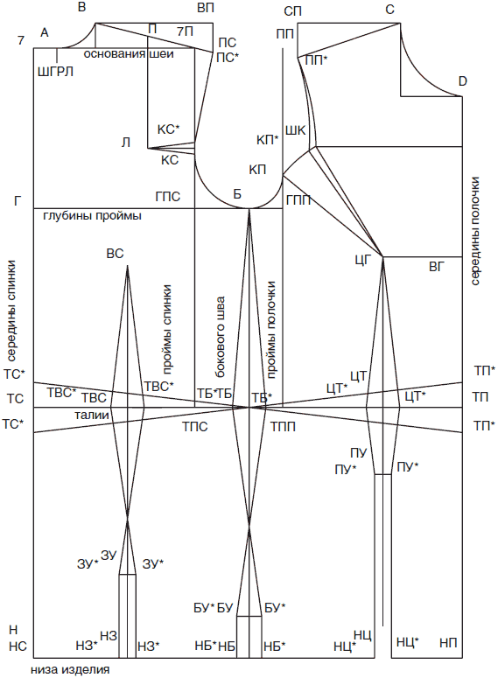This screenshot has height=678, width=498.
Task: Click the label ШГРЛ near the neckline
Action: [x=55, y=72]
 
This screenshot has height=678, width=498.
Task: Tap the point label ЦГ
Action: [x=362, y=261]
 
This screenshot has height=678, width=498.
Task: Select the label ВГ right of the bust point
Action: [x=437, y=267]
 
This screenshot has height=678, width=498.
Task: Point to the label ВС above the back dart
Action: [x=115, y=254]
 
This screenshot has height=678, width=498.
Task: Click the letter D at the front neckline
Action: [x=462, y=81]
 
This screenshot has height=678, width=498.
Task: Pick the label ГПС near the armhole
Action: [x=168, y=197]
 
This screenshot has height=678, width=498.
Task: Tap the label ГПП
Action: [x=298, y=200]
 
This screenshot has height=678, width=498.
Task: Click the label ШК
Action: [x=296, y=130]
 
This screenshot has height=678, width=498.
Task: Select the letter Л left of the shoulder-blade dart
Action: [x=126, y=143]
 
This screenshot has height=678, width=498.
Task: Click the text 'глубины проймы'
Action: [x=93, y=215]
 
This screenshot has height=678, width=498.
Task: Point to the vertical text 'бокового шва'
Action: [x=221, y=337]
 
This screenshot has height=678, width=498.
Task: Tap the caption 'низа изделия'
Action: [x=70, y=670]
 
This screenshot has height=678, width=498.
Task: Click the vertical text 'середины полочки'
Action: [x=475, y=231]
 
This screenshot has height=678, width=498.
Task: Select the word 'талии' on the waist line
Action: [x=92, y=416]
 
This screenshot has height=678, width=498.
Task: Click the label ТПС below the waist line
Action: [x=194, y=427]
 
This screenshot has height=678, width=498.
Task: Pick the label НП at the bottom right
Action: [x=448, y=642]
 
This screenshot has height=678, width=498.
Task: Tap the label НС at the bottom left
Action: [x=18, y=646]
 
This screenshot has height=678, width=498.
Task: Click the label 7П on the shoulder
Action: [x=186, y=31]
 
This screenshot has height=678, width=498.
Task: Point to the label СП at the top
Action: [x=293, y=11]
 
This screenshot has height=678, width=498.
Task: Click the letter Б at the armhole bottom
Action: [x=237, y=194]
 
